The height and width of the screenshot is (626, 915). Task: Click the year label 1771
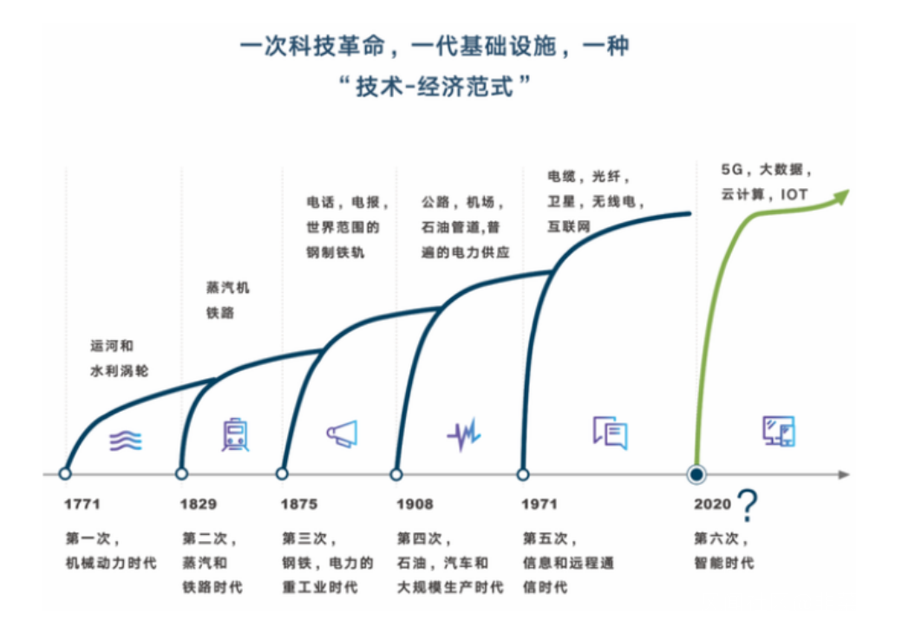tap(82, 504)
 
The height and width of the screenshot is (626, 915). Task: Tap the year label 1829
tap(199, 504)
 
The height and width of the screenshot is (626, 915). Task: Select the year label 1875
tap(298, 504)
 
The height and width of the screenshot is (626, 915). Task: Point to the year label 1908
tap(415, 504)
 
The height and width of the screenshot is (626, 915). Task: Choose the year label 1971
tap(539, 504)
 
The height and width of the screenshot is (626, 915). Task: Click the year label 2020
tap(712, 504)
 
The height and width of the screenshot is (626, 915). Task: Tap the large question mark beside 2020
tap(748, 505)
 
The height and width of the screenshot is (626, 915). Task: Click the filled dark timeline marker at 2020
tap(696, 474)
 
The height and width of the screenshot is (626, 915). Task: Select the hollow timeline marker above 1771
tap(65, 473)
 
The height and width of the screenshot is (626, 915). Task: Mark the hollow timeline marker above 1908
tap(396, 473)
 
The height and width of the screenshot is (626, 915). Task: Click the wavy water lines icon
tap(126, 440)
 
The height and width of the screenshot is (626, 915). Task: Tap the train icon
tap(235, 434)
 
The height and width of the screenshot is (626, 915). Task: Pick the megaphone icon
tap(342, 434)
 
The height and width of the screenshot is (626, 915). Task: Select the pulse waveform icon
tap(464, 434)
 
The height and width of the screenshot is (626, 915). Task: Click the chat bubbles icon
tap(611, 433)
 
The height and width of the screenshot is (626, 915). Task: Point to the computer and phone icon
tap(779, 431)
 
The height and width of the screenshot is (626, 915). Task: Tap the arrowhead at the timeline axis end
tap(844, 474)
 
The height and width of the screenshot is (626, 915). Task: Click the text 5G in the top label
tap(732, 169)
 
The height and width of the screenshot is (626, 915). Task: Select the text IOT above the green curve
tap(794, 194)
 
